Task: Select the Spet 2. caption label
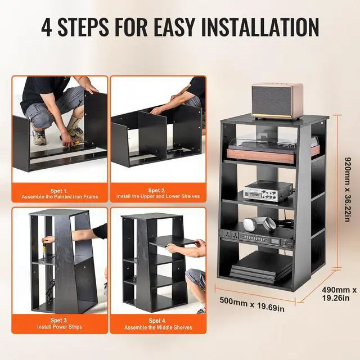tap(156, 191)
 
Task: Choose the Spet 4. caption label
tap(156, 320)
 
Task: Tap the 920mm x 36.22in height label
tap(348, 190)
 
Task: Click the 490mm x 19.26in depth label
tap(339, 294)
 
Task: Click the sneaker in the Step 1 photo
tap(39, 137)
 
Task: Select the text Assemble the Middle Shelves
tap(156, 327)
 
